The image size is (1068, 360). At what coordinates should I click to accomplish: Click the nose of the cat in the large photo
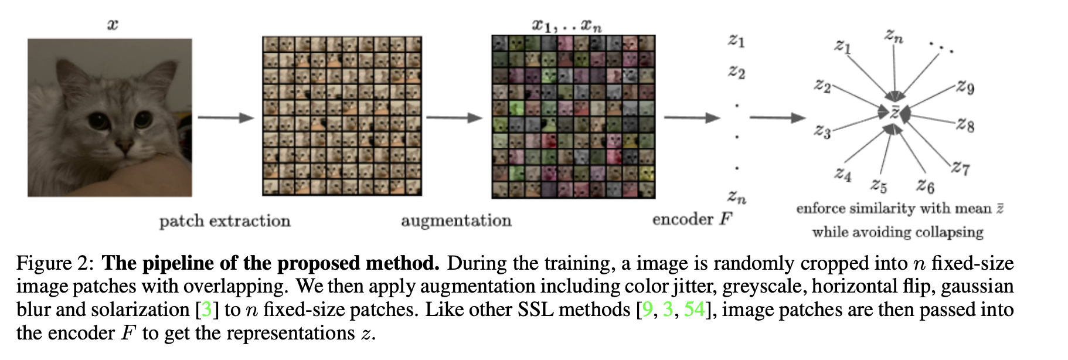[124, 144]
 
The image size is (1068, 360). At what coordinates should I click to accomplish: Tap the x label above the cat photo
[113, 25]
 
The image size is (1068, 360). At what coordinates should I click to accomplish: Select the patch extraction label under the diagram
[225, 221]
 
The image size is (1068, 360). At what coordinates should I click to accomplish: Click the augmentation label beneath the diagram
[456, 220]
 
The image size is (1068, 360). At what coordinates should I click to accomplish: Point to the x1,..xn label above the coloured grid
[566, 25]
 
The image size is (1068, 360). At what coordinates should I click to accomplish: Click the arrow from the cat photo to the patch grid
[226, 118]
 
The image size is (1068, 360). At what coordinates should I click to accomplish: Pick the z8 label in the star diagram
[965, 124]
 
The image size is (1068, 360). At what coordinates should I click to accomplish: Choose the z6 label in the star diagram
[925, 186]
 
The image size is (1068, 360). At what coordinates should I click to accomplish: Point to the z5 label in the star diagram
[879, 186]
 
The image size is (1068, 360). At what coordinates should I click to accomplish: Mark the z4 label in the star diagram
[843, 174]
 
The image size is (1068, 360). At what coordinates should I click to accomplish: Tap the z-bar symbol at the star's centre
[894, 112]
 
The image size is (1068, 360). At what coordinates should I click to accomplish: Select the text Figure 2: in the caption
[55, 263]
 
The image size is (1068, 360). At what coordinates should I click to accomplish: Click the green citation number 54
[694, 310]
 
